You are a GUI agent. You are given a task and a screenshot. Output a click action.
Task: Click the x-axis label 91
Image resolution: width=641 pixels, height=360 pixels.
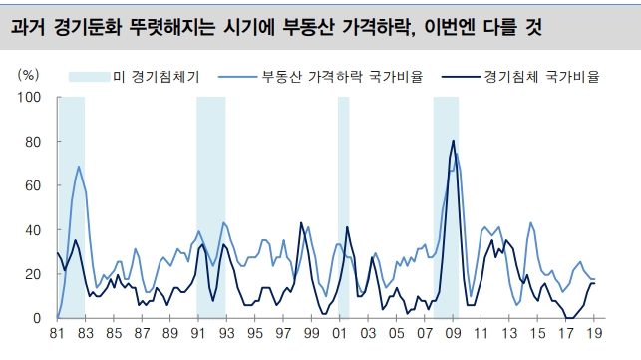pos(197,334)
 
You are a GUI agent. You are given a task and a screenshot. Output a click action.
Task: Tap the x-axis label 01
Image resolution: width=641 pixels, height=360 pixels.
pos(339,334)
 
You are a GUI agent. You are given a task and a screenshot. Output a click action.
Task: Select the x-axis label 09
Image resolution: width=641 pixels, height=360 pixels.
pos(453,334)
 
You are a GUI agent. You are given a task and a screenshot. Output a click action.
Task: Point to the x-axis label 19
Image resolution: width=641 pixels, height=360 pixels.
pos(595,334)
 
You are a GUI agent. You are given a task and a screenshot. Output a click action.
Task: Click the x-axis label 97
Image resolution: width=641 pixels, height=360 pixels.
pos(283,334)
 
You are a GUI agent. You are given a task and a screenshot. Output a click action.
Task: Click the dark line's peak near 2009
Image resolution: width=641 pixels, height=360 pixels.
pos(454,141)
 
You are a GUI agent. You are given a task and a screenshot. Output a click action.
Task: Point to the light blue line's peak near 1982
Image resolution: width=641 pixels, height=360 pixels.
pos(78,167)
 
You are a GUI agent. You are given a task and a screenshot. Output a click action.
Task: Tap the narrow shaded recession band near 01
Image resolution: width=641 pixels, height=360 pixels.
pos(344,199)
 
